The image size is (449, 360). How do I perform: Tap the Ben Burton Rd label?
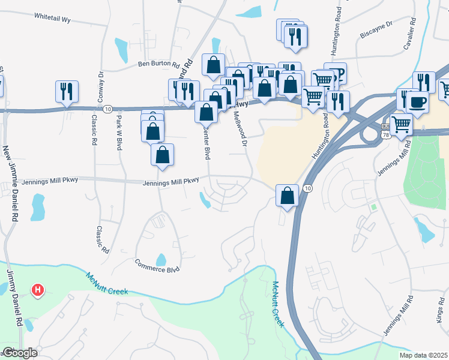(159, 64)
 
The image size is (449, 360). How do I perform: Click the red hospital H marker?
(38, 291)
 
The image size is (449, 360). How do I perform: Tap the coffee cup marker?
(418, 101)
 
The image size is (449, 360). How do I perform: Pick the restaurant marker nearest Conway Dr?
(66, 91)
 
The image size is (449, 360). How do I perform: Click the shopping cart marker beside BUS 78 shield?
(401, 124)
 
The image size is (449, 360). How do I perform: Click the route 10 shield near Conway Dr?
(107, 109)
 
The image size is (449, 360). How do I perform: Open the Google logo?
(20, 353)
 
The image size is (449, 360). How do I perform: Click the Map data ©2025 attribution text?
(423, 355)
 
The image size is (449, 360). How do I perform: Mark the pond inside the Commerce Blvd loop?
(161, 259)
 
